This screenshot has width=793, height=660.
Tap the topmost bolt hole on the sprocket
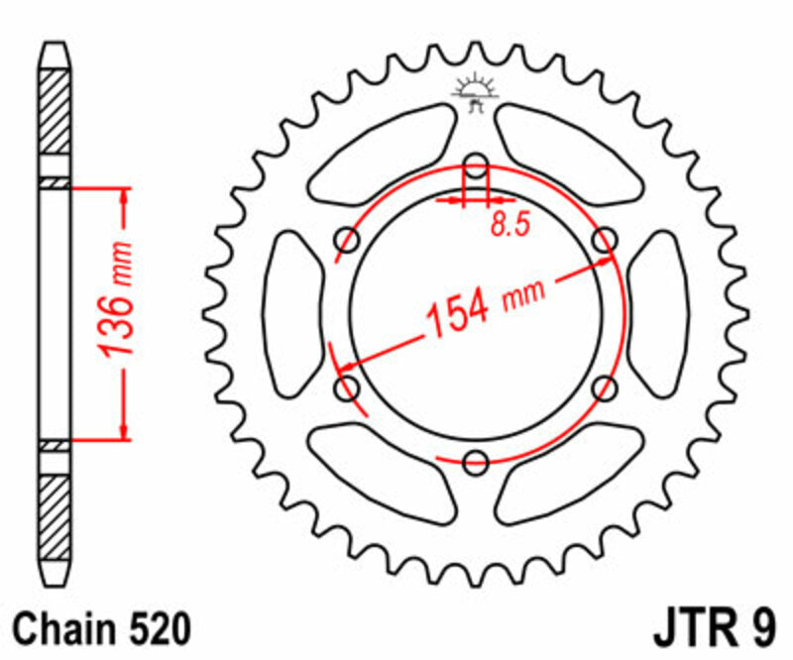pos(476,165)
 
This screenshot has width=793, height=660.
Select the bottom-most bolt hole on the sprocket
pos(476,460)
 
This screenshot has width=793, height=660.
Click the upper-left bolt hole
pos(348,239)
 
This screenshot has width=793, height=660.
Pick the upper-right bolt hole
pos(604,239)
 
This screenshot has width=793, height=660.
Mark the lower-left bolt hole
pos(348,386)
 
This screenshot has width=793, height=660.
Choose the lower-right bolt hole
pos(604,386)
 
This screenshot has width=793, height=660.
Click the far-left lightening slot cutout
pos(292,312)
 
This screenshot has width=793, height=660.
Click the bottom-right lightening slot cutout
pos(570,474)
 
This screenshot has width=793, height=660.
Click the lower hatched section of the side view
pos(56,510)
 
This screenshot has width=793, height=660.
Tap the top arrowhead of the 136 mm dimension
pos(124,194)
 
